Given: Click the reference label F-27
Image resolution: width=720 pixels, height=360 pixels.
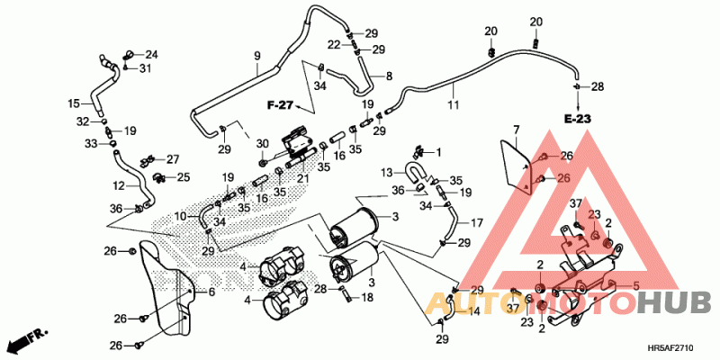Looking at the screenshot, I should coord(281,106).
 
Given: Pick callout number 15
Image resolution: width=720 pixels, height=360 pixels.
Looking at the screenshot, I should coord(75,103).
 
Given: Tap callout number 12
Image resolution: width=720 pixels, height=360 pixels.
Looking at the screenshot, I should coord(118,186).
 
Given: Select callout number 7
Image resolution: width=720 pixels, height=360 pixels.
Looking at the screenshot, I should coord(517,131).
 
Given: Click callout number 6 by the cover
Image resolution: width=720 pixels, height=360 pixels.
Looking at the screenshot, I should coord(211,292).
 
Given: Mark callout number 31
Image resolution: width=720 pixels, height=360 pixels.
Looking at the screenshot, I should coord(145,69).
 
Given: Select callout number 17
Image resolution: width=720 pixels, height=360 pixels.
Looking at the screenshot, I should coord(478,221).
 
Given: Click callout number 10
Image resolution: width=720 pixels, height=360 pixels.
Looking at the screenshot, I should coord(181,217).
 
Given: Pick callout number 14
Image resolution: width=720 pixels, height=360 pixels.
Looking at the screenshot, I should coord(474,311).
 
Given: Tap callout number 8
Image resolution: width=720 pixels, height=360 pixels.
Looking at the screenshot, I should coord(390,76).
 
